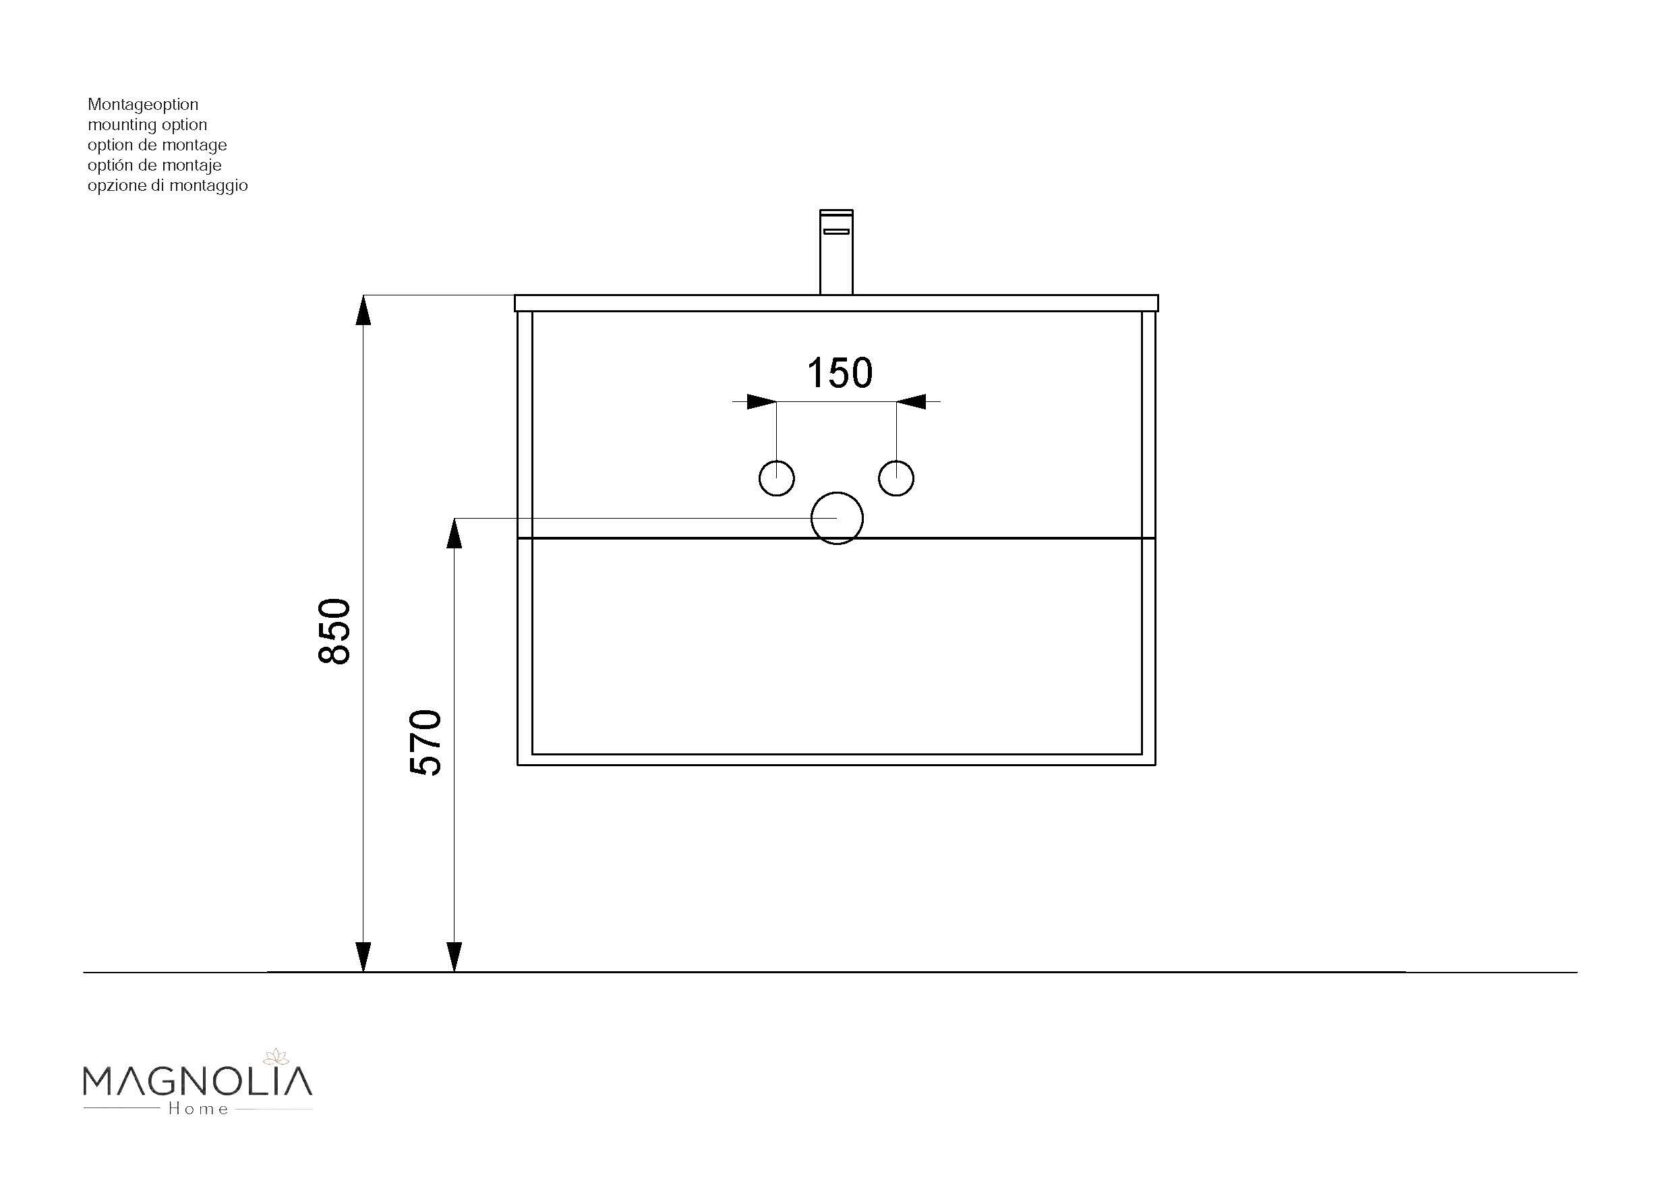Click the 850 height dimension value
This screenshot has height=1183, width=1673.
point(335,631)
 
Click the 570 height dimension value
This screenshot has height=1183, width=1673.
point(426,742)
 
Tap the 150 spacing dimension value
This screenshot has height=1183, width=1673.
point(840,373)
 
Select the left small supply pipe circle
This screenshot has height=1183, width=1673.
point(777,478)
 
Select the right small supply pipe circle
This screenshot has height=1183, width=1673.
point(896,478)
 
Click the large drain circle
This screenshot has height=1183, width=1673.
point(838,517)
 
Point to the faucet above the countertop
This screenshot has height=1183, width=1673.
point(836,252)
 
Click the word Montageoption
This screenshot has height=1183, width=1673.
point(143,105)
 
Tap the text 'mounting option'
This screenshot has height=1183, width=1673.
point(147,125)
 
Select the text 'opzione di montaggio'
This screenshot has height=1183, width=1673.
point(168,186)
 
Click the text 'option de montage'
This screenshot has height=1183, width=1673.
point(156,145)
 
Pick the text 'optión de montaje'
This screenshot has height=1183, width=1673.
point(154,165)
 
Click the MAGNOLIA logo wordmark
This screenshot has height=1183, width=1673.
point(198,1082)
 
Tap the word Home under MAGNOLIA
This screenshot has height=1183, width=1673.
point(198,1109)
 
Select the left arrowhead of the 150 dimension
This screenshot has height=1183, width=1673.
point(761,401)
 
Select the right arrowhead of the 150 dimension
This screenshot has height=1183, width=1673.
point(912,401)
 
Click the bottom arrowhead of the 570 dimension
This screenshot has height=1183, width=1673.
point(454,957)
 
